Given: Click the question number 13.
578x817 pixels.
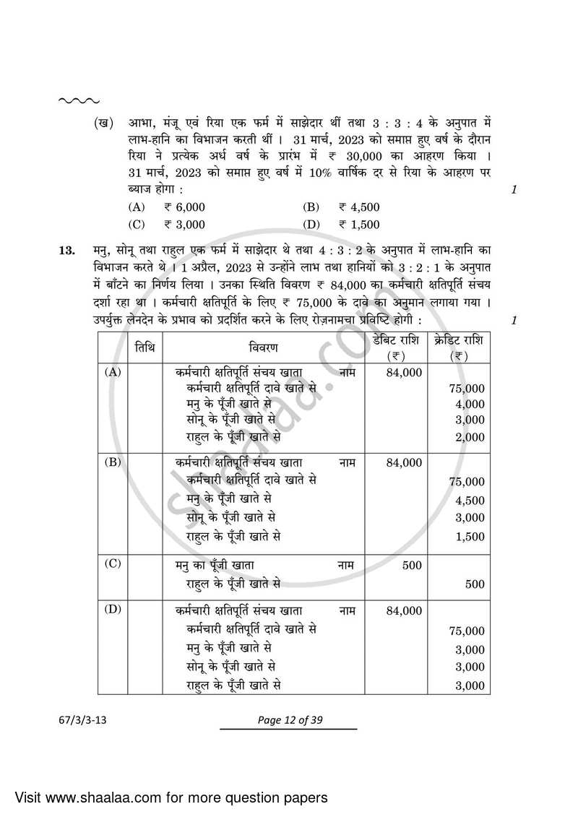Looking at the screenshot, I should pyautogui.click(x=66, y=251).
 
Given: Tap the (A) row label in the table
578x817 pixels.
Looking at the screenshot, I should pyautogui.click(x=113, y=372).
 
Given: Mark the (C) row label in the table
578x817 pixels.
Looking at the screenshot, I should pyautogui.click(x=113, y=565).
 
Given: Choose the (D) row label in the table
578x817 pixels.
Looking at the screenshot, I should pyautogui.click(x=113, y=609).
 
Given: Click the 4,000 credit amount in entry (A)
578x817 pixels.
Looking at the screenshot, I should pyautogui.click(x=470, y=405).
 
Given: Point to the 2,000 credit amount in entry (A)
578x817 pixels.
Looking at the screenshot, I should pyautogui.click(x=470, y=437).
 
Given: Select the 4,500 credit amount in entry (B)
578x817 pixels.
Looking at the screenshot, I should pyautogui.click(x=470, y=500).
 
